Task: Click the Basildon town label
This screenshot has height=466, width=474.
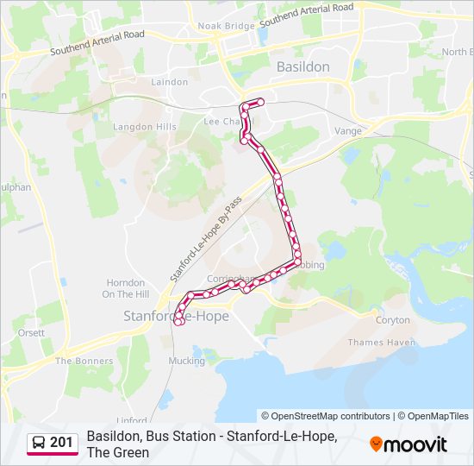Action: click(302, 66)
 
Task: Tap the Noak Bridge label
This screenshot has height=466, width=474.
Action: click(227, 26)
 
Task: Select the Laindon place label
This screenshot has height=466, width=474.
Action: click(169, 82)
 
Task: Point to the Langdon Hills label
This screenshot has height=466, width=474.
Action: click(145, 126)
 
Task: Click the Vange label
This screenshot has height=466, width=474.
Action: click(347, 130)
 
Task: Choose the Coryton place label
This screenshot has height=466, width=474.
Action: click(392, 319)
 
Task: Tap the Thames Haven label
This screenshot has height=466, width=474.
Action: click(382, 343)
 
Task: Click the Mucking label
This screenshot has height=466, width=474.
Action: click(186, 361)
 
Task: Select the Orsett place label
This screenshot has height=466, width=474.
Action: click(30, 332)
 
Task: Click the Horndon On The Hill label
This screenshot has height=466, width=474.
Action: click(126, 288)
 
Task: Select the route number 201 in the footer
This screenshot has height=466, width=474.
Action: click(61, 443)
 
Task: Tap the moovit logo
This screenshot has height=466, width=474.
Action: click(409, 444)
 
